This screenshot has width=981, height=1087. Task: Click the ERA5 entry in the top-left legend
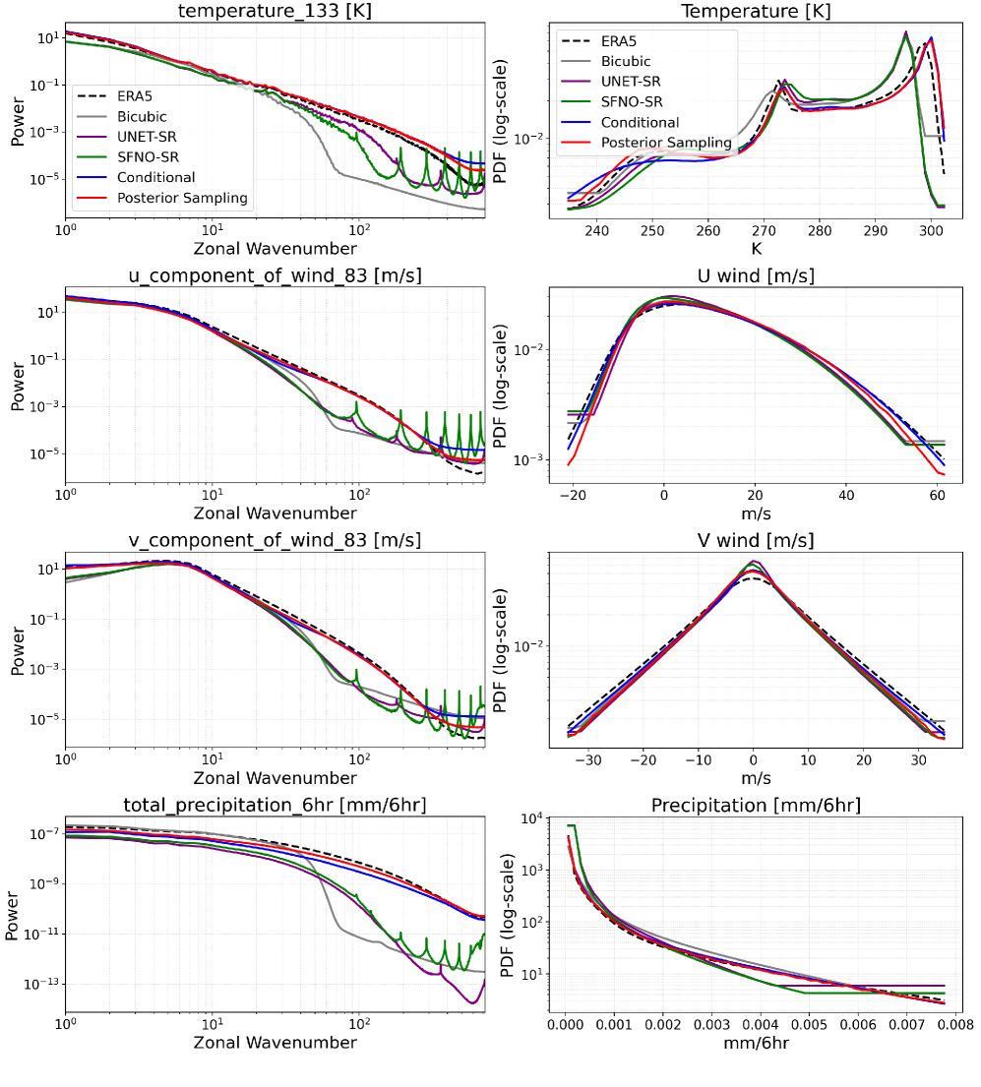(x=138, y=96)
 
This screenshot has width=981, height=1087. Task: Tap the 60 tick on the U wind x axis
(x=937, y=493)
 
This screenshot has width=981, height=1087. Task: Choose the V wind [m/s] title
(x=753, y=540)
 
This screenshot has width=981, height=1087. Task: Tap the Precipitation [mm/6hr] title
(x=756, y=806)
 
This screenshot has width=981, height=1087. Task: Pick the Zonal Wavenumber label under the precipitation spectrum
(x=275, y=1042)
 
